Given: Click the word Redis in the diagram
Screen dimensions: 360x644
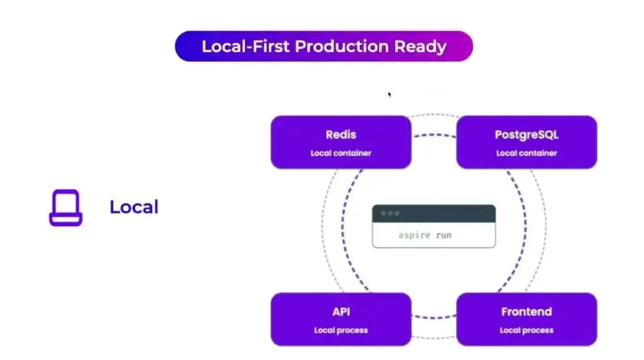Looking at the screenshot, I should pyautogui.click(x=341, y=135).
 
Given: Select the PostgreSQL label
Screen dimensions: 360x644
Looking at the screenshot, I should pyautogui.click(x=526, y=135).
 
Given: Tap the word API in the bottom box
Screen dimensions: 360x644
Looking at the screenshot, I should pyautogui.click(x=341, y=312).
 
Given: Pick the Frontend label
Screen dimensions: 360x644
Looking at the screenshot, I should pyautogui.click(x=526, y=312).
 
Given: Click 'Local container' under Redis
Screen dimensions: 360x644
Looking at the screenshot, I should pyautogui.click(x=341, y=153).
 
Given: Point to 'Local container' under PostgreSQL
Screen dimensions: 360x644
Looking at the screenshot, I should pyautogui.click(x=526, y=153).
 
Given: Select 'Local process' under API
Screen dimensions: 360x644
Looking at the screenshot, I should pyautogui.click(x=341, y=330).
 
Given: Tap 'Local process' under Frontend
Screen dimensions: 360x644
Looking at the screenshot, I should pyautogui.click(x=526, y=330).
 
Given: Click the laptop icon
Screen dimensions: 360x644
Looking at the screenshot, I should pyautogui.click(x=65, y=208).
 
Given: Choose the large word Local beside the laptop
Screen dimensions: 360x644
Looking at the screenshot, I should pyautogui.click(x=134, y=207).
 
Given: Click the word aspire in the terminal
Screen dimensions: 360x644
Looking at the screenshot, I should pyautogui.click(x=414, y=235).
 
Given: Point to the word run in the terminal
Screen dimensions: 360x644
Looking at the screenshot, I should pyautogui.click(x=443, y=235).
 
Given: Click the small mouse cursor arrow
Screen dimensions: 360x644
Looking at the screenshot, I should pyautogui.click(x=390, y=94).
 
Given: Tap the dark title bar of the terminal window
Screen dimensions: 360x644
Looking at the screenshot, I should pyautogui.click(x=440, y=214).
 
